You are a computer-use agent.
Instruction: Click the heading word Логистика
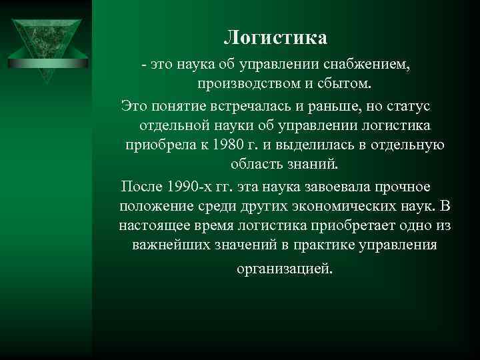click(275, 37)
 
